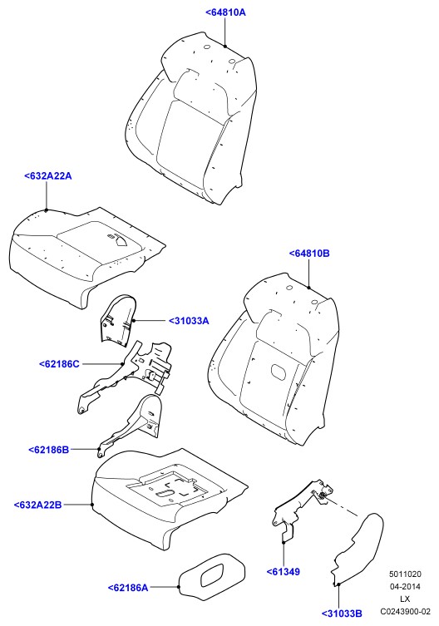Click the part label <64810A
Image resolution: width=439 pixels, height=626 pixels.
(225, 12)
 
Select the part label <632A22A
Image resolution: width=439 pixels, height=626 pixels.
(48, 175)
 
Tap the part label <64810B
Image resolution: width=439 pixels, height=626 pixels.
(309, 253)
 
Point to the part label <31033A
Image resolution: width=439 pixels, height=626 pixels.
(189, 321)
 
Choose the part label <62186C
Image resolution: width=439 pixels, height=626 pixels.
(59, 363)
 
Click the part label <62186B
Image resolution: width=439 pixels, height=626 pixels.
(49, 450)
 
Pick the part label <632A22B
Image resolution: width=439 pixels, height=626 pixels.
(38, 505)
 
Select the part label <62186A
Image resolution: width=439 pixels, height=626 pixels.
(128, 588)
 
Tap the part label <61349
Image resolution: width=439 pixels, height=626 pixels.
(284, 572)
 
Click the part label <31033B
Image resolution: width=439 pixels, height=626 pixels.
(342, 614)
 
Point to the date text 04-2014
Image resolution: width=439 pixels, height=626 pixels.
(405, 586)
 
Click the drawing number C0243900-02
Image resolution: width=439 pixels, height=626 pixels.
(406, 611)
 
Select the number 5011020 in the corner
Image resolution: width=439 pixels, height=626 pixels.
(406, 574)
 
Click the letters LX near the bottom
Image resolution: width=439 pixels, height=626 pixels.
(405, 599)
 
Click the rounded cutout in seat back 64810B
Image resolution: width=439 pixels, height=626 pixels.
(279, 371)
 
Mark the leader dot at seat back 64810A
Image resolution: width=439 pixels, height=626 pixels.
(225, 47)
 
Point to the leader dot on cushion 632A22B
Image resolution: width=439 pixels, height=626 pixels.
(92, 505)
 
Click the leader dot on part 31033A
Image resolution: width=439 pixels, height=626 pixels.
(133, 321)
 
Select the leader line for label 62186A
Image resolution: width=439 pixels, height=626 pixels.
(165, 587)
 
